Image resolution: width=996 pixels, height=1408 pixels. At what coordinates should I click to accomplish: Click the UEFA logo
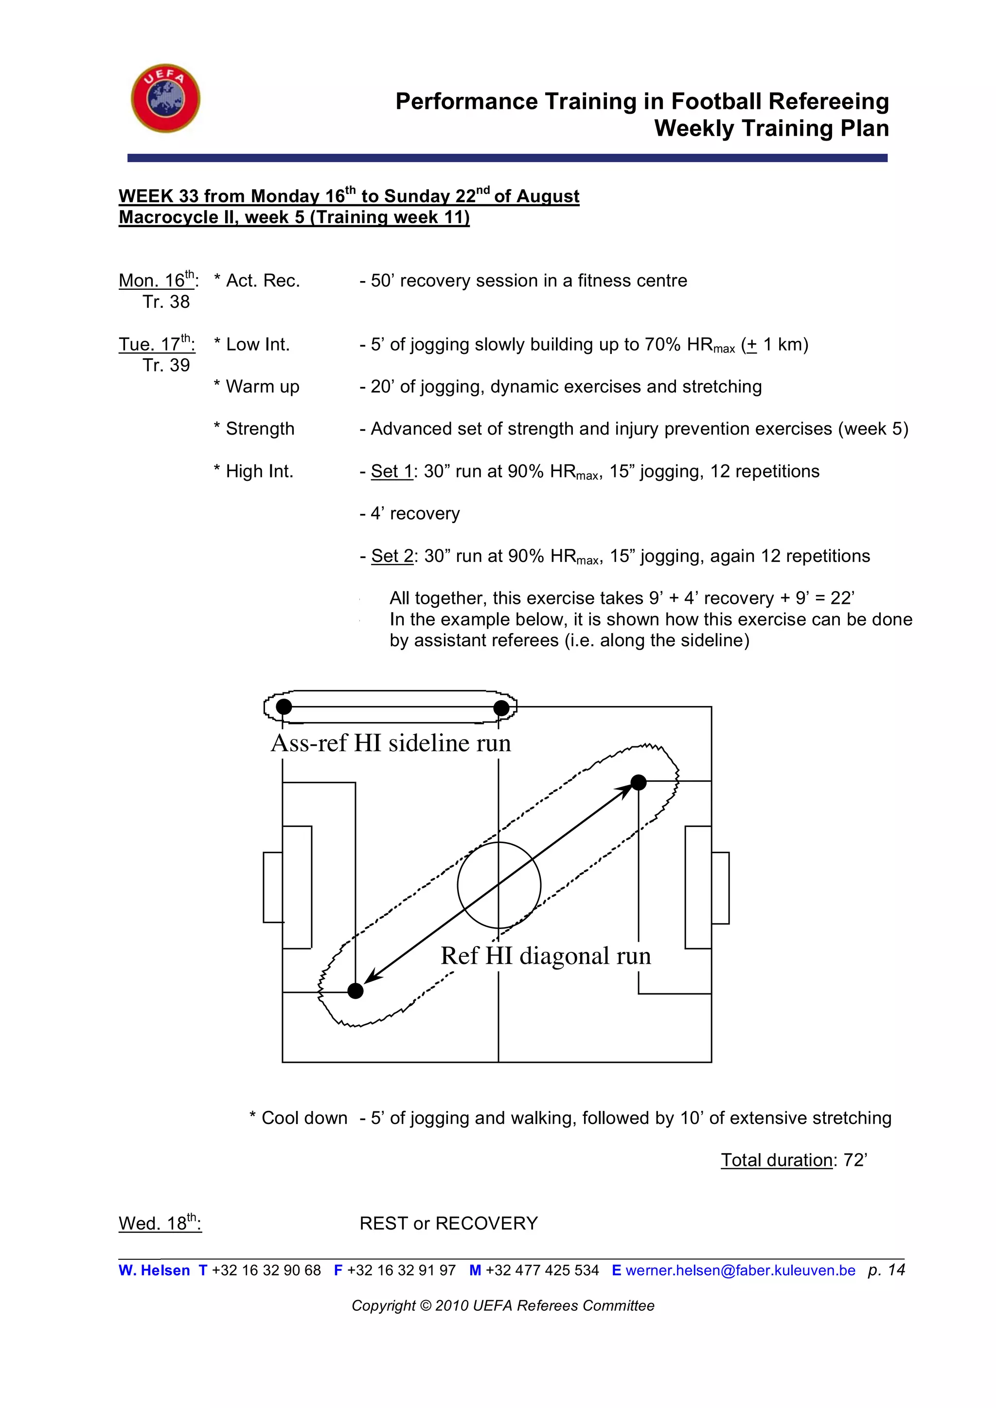(165, 98)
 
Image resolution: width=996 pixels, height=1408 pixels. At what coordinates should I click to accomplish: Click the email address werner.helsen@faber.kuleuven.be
(740, 1270)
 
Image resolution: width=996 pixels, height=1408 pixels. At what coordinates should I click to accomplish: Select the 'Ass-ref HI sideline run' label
(391, 743)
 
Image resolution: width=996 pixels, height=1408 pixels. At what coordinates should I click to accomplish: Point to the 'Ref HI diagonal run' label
(545, 956)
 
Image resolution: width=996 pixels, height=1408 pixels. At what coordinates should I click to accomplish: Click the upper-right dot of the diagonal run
(639, 782)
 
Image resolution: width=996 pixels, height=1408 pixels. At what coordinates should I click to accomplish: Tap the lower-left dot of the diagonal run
(355, 991)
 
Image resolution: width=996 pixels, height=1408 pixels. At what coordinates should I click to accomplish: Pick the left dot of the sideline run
(284, 706)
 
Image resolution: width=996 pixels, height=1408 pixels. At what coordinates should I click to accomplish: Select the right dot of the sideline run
(501, 708)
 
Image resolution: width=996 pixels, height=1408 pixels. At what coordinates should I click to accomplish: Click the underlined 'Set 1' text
(392, 472)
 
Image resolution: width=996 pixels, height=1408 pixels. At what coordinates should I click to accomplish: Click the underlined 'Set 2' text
(392, 556)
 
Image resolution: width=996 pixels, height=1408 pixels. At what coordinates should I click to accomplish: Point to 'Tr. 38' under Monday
(166, 302)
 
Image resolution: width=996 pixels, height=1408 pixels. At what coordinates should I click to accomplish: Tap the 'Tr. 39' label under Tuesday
(166, 366)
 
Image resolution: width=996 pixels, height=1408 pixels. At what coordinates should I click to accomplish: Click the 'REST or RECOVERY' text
(448, 1223)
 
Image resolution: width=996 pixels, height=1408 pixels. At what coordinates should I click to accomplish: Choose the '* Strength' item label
(254, 429)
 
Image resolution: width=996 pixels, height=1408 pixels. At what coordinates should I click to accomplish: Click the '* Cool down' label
(298, 1118)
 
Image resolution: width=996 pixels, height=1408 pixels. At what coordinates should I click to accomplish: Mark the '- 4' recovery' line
(409, 513)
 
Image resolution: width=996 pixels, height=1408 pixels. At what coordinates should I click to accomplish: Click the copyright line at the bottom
(503, 1305)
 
